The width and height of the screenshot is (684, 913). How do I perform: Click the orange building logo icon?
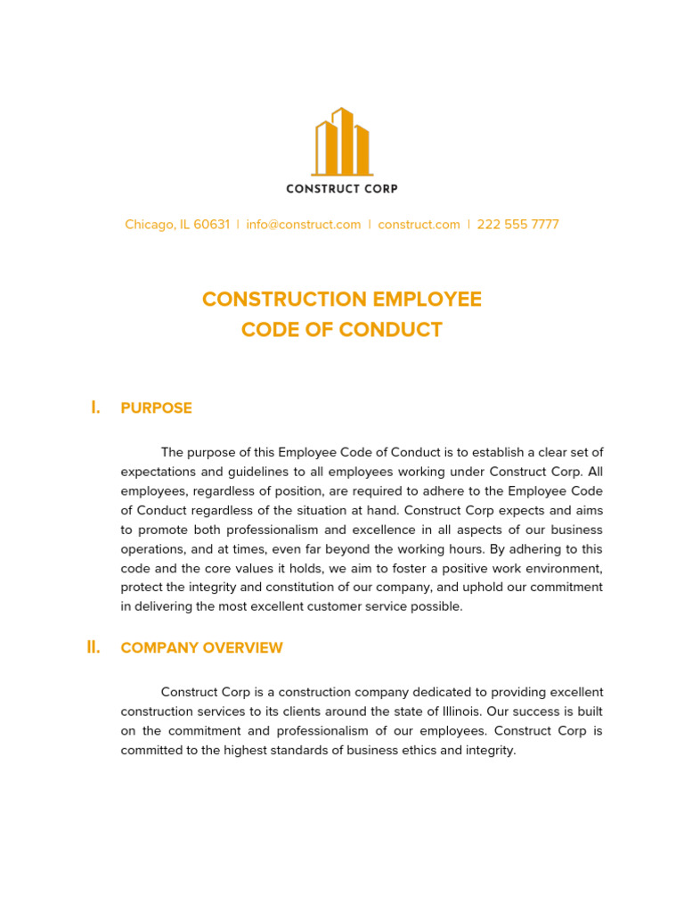click(342, 142)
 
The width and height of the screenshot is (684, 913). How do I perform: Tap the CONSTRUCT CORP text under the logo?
click(342, 189)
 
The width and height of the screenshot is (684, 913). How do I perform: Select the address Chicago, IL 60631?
click(177, 225)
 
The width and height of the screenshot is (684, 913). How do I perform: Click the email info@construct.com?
click(304, 225)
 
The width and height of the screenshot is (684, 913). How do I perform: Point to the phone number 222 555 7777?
click(518, 225)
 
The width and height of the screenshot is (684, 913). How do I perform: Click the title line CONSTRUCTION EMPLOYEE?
click(342, 300)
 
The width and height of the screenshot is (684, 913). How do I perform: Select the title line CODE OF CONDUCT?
click(342, 330)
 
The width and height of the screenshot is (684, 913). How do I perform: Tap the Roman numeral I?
click(95, 407)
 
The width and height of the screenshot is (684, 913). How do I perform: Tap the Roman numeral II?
click(94, 647)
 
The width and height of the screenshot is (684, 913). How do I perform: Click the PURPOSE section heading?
click(157, 408)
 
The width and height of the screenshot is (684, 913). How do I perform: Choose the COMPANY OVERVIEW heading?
click(202, 648)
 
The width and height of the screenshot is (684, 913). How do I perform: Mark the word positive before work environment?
click(451, 569)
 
